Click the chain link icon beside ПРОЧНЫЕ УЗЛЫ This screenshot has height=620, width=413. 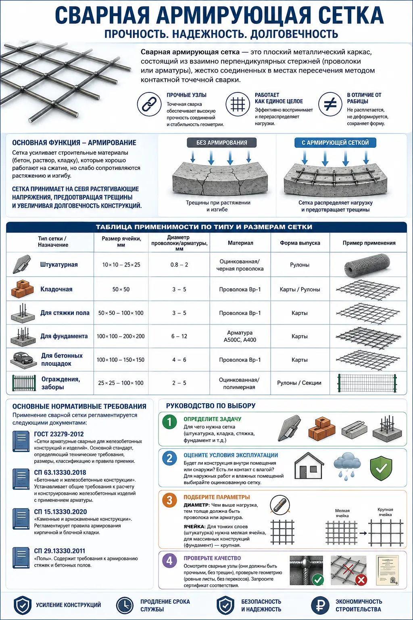coord(149,104)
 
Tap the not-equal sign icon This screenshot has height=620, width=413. coord(330,104)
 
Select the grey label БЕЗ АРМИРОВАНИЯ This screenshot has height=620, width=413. coord(221,142)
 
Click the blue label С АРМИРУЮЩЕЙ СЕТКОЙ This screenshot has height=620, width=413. coord(335,142)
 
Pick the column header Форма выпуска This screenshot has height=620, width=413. coord(300,243)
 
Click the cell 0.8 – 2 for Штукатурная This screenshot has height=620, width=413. coord(179,265)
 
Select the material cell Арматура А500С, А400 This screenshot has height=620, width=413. coord(240,336)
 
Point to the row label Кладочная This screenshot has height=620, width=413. coord(56,289)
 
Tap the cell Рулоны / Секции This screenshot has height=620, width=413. coord(299,383)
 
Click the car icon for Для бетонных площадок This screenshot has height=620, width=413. coord(23,359)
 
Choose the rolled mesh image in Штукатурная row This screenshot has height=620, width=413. coord(367,265)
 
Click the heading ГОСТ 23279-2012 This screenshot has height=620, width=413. coord(58,434)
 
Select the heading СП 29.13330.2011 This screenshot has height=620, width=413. coord(59,551)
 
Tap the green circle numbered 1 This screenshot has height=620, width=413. coord(169,422)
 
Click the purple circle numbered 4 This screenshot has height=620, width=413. coord(169,561)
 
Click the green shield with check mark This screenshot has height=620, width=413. coord(381,468)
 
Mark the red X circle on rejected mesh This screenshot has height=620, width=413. coord(361,580)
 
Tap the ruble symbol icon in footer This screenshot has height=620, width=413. coord(320,605)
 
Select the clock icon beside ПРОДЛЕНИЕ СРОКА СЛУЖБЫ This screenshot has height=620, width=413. coord(125,605)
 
